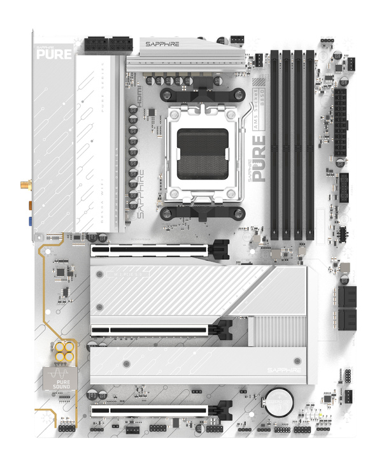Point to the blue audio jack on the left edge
tap(30, 221)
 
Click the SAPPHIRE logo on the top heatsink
tap(162, 45)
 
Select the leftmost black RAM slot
tap(274, 143)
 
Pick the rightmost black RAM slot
tap(310, 143)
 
